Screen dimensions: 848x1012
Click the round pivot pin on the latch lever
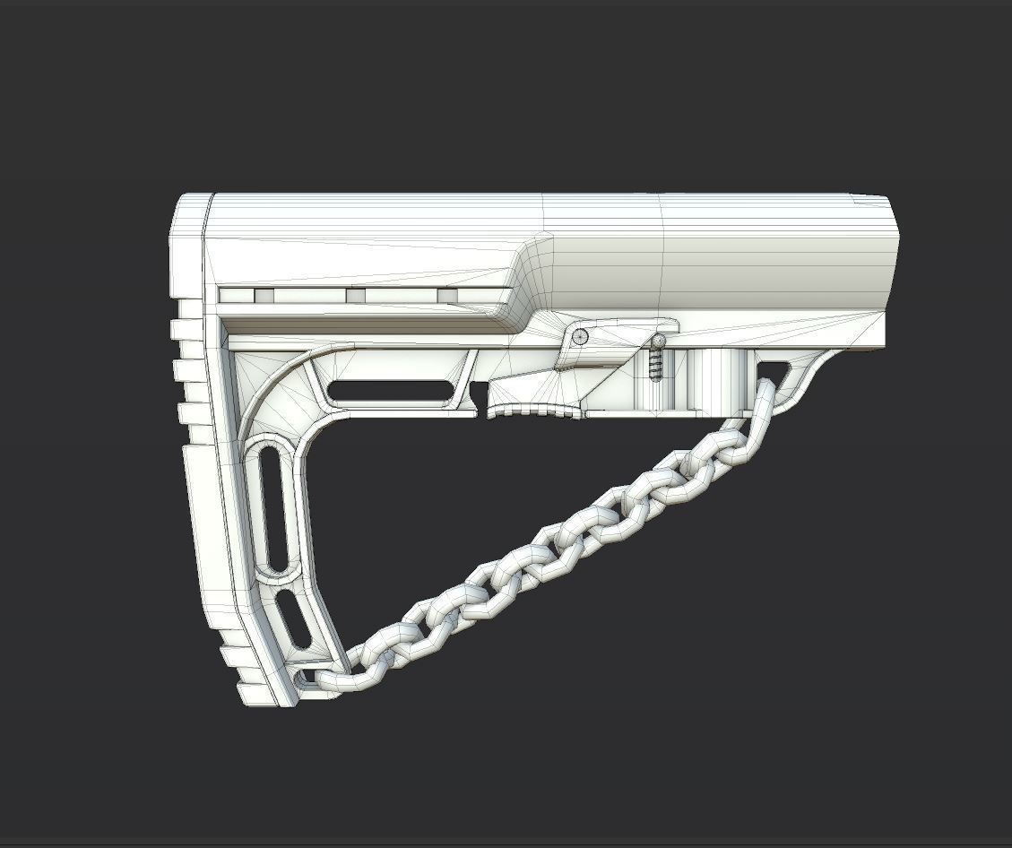pos(581,336)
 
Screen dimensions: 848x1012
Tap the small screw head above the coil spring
pos(660,342)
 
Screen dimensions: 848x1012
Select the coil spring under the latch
pos(654,365)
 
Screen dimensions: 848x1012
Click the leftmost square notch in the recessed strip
pos(264,296)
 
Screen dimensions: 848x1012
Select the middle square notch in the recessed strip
pos(356,296)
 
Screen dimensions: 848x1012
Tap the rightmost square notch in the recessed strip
pos(446,296)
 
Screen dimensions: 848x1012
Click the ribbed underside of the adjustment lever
pos(534,411)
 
